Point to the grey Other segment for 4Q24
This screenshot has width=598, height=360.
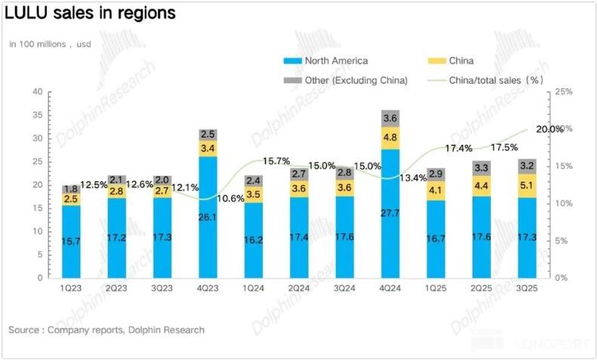pos(390,118)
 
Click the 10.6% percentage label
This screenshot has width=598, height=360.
pos(230,198)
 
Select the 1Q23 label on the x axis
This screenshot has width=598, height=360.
pos(72,288)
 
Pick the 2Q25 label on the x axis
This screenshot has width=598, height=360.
pos(481,288)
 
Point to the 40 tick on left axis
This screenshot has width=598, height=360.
pos(37,92)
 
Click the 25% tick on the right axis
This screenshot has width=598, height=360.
pos(563,92)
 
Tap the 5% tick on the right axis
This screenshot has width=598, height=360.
pos(561,241)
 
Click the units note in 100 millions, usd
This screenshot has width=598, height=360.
pos(49,44)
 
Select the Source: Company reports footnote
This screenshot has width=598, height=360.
pos(106,330)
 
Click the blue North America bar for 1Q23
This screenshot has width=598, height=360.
pos(72,242)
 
